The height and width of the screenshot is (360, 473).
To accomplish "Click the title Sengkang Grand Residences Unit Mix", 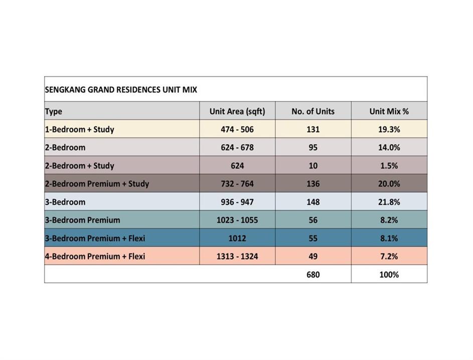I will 121,90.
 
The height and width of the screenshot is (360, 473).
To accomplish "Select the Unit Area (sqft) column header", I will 237,111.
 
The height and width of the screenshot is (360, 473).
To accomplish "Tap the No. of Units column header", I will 313,111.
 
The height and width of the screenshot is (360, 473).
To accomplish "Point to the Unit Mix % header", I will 389,111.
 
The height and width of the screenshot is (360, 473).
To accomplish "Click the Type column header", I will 54,111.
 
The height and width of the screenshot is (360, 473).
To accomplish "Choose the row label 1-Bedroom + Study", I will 80,129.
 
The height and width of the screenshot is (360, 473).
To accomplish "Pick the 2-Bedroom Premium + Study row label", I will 97,184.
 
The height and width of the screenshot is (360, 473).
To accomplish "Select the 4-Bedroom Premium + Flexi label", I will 95,256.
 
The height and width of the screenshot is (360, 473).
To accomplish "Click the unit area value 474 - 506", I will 237,129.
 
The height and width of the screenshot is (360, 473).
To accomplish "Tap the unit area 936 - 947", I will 237,202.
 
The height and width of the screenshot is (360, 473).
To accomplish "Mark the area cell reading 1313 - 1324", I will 237,256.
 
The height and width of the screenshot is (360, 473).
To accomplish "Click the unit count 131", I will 313,129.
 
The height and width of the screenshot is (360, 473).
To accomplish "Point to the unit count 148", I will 313,202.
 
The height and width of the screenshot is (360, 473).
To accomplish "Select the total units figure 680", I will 313,275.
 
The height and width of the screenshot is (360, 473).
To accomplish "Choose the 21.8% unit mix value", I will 389,202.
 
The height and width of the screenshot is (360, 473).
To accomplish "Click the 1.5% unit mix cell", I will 389,166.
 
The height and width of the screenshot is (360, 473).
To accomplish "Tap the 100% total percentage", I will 389,275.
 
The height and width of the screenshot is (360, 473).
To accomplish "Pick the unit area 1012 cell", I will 237,238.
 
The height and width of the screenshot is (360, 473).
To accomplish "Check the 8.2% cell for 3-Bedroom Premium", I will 389,220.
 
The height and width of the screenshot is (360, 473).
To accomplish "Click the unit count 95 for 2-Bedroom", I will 313,148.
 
